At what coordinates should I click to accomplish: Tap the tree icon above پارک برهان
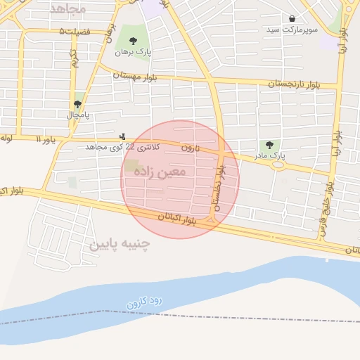(128, 38)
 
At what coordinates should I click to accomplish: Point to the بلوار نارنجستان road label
(292, 84)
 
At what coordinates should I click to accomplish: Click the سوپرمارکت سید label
(292, 31)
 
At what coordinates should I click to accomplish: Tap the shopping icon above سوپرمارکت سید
(292, 18)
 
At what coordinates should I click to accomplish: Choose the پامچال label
(78, 115)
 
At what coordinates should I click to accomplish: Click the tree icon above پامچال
(77, 104)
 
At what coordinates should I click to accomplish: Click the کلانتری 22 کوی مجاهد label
(122, 146)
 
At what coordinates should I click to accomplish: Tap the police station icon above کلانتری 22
(123, 136)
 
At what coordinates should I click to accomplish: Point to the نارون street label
(191, 148)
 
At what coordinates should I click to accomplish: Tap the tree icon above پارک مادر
(270, 144)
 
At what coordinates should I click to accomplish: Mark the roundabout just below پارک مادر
(278, 166)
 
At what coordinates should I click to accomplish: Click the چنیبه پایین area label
(120, 244)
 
